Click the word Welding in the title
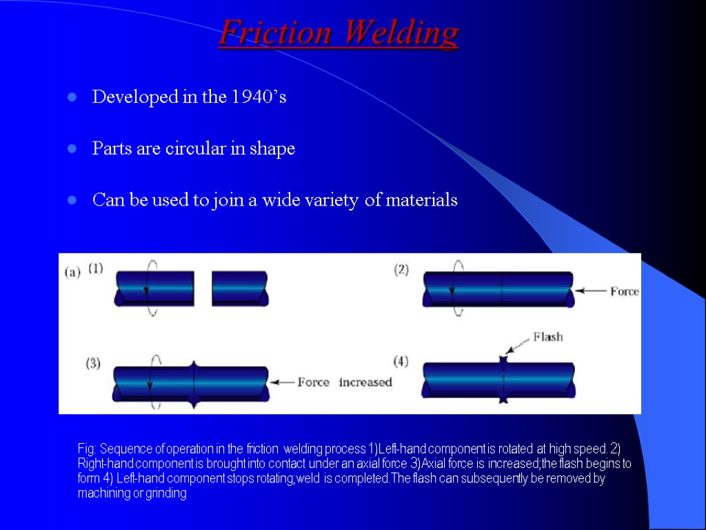[x=401, y=32]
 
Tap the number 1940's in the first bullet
[x=259, y=97]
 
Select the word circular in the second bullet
[x=195, y=149]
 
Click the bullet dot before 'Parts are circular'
[x=71, y=150]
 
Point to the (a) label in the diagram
[x=72, y=272]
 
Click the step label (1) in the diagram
[x=96, y=268]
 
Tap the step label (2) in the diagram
[x=401, y=270]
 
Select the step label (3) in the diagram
[x=93, y=364]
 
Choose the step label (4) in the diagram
[x=401, y=361]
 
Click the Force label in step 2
[x=624, y=291]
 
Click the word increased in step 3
[x=365, y=382]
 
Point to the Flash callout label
[x=547, y=337]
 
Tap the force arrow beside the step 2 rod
[x=590, y=291]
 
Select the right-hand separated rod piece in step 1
[x=240, y=288]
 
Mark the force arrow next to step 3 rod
[x=281, y=382]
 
